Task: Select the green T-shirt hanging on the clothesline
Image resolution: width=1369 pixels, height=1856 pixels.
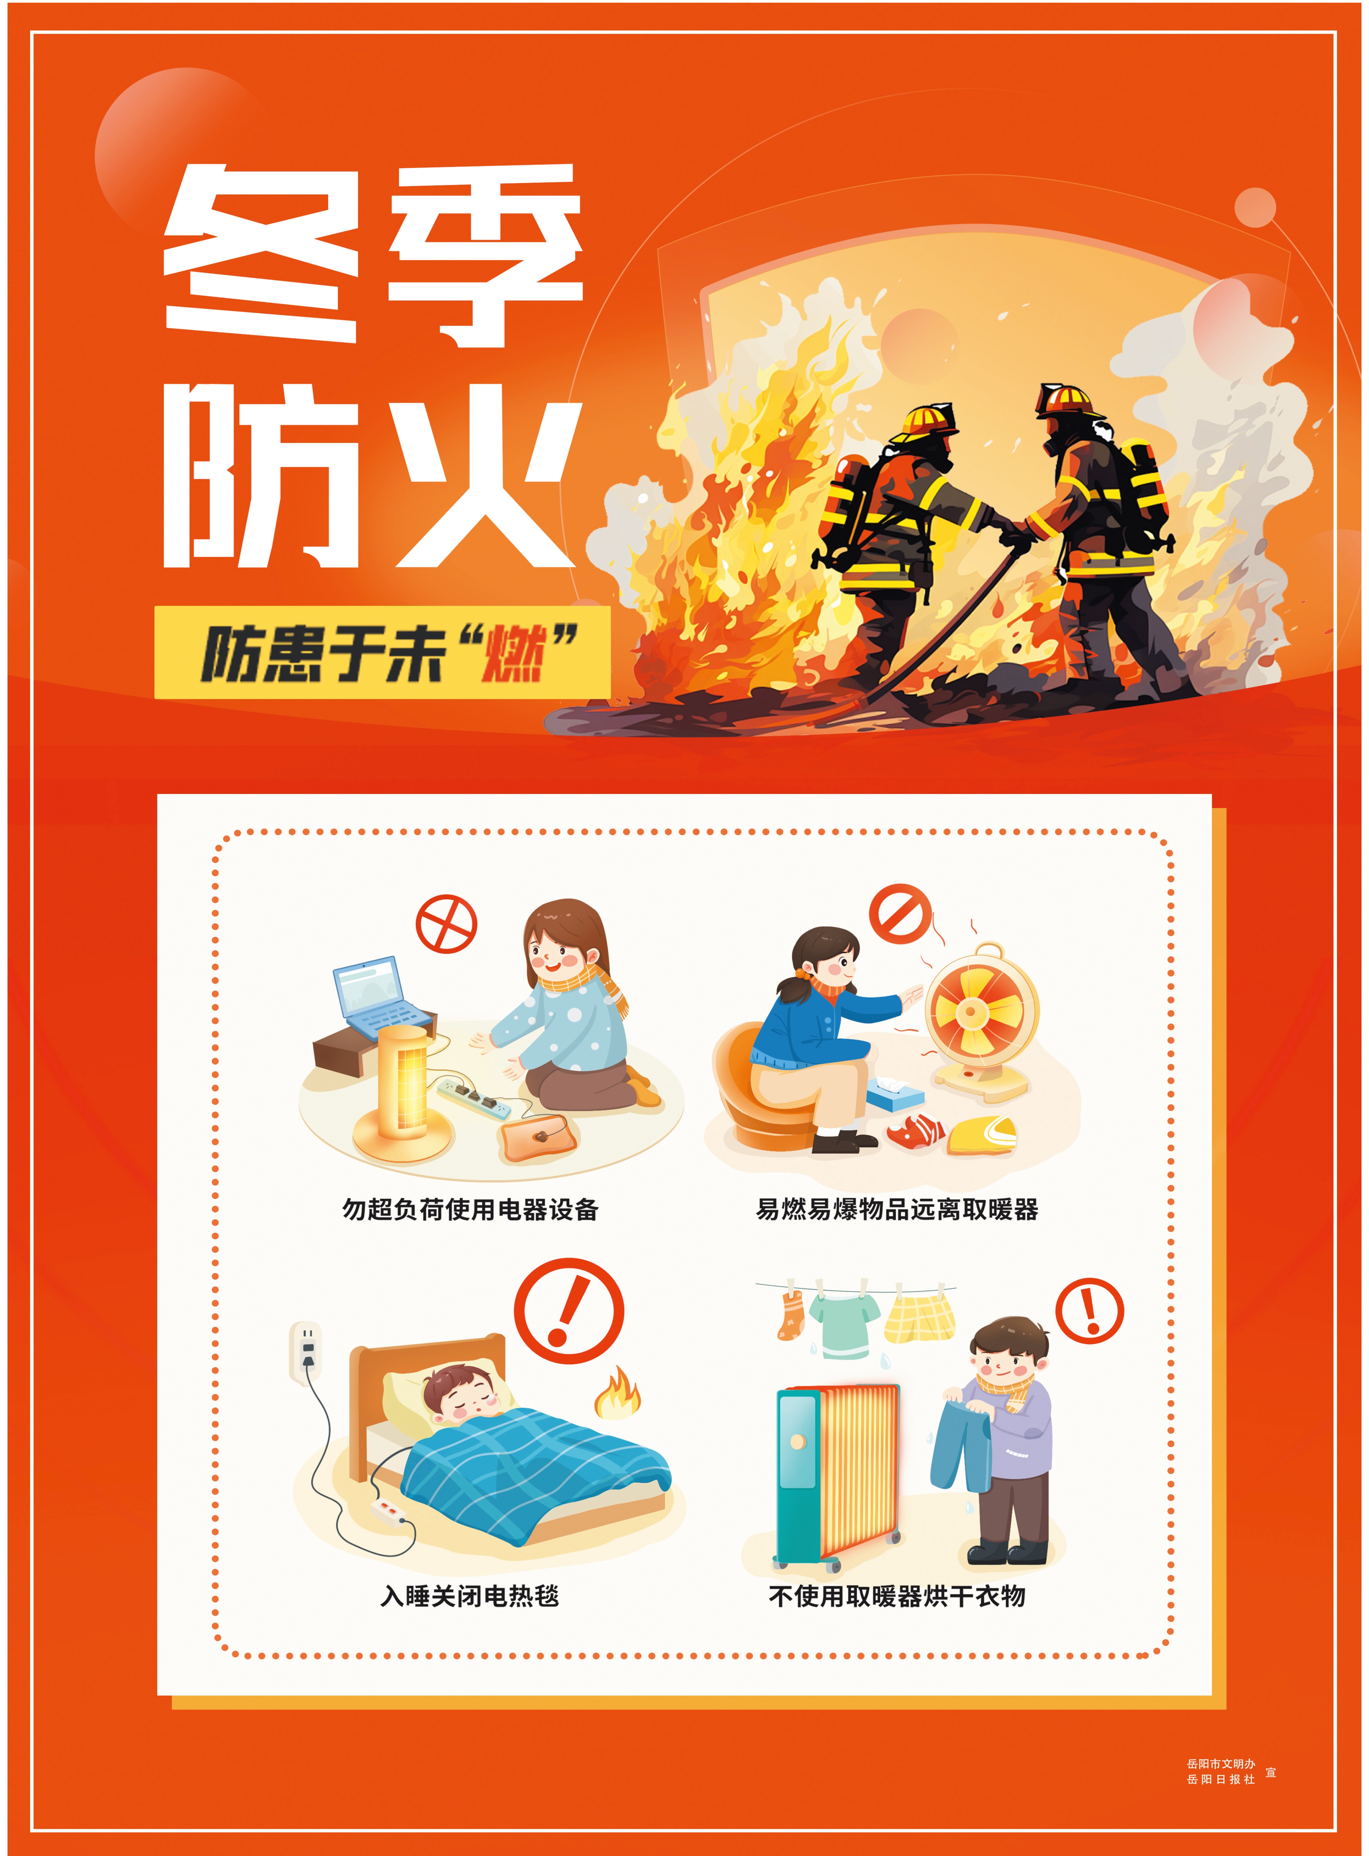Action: tap(842, 1325)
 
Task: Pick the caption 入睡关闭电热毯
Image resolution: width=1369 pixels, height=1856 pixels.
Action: tap(470, 1596)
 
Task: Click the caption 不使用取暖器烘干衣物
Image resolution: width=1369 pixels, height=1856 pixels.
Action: tap(897, 1596)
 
